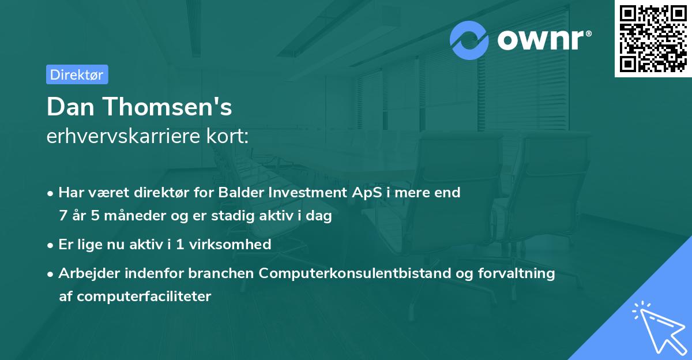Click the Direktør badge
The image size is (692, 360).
(x=77, y=74)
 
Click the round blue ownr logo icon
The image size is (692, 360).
(x=469, y=40)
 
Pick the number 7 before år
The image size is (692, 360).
(x=63, y=216)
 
